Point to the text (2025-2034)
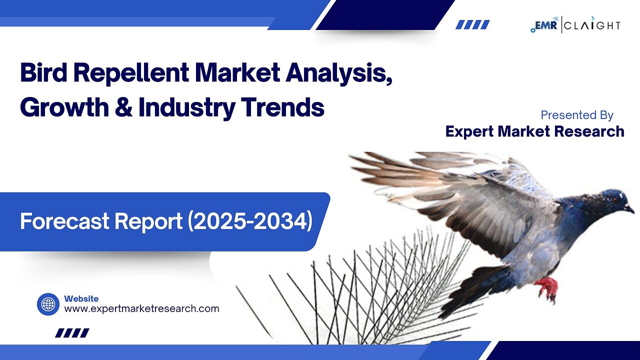[250, 221]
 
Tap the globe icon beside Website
[48, 304]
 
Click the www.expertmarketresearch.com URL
[141, 308]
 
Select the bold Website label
[81, 298]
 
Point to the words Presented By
[577, 115]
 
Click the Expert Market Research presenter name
[534, 131]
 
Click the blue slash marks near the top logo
[472, 24]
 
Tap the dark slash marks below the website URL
[72, 332]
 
